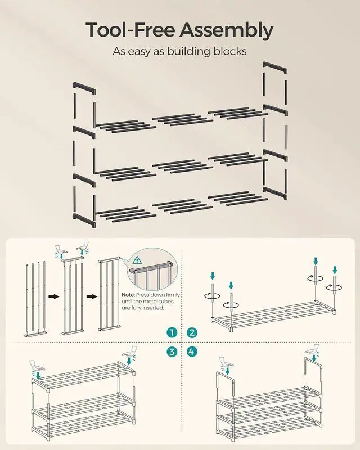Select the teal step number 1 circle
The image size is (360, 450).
click(x=172, y=332)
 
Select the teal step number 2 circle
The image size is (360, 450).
click(x=192, y=332)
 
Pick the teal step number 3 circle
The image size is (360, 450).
click(x=172, y=352)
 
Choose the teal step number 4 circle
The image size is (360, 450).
click(x=192, y=352)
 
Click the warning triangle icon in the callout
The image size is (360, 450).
click(x=137, y=260)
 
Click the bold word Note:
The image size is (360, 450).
click(x=128, y=295)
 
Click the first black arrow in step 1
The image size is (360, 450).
click(x=53, y=296)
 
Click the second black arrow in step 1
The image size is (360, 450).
click(x=92, y=296)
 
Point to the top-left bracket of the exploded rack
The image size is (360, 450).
click(x=84, y=88)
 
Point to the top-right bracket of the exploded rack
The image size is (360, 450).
click(x=275, y=67)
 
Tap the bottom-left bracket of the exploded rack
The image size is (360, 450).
click(x=84, y=220)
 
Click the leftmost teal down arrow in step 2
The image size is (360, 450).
click(x=213, y=276)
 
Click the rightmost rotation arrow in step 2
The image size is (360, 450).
click(x=335, y=287)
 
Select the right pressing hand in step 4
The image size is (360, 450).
click(x=313, y=350)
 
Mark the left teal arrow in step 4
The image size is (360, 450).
click(x=228, y=371)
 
